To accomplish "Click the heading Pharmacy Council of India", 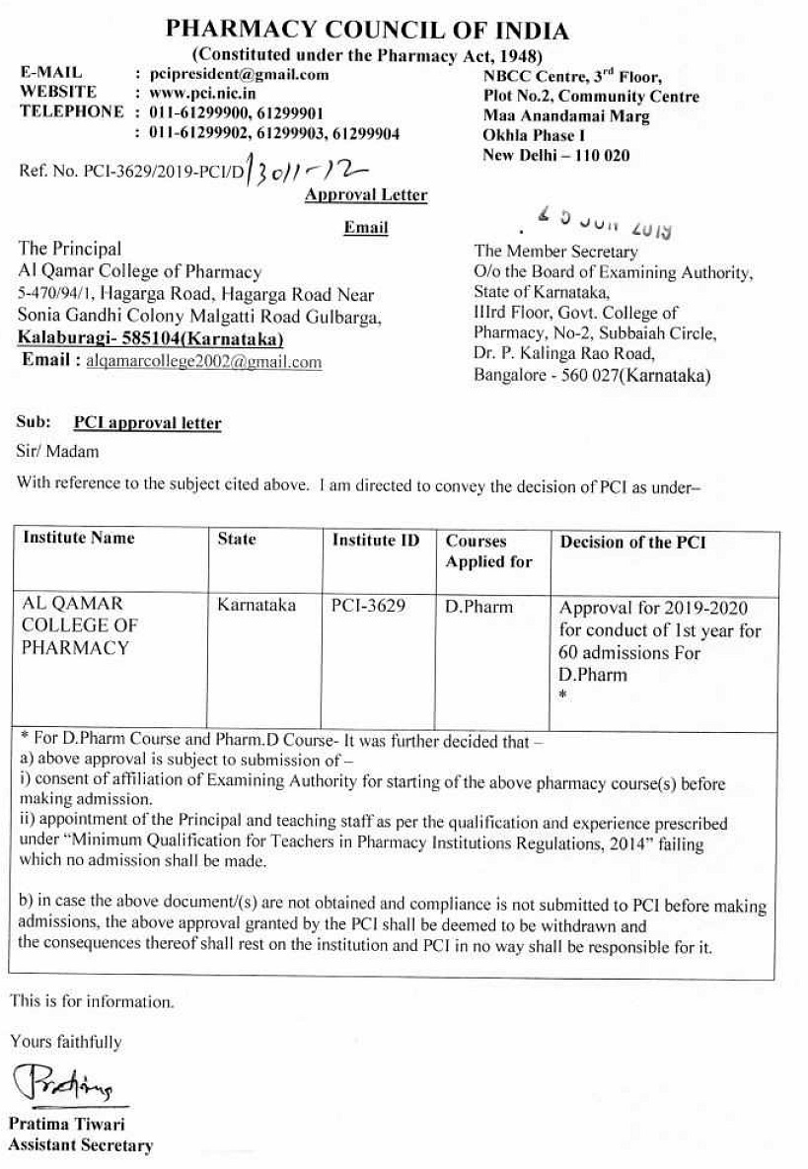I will point(367,30).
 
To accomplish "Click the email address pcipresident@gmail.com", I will point(238,74).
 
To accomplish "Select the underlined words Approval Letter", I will point(366,195).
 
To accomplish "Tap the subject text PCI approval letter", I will point(148,423).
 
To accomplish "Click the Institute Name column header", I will point(79,539).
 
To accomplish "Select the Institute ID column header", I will point(375,541).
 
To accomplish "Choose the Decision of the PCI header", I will point(632,543).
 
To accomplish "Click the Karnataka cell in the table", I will point(257,606).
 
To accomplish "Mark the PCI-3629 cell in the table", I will point(368,606).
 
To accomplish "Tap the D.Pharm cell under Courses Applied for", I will point(479,607).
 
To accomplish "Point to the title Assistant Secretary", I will point(81,1145).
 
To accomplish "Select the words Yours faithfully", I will point(66,1042).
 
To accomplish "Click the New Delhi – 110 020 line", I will point(555,155).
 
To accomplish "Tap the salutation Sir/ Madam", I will point(58,452).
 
